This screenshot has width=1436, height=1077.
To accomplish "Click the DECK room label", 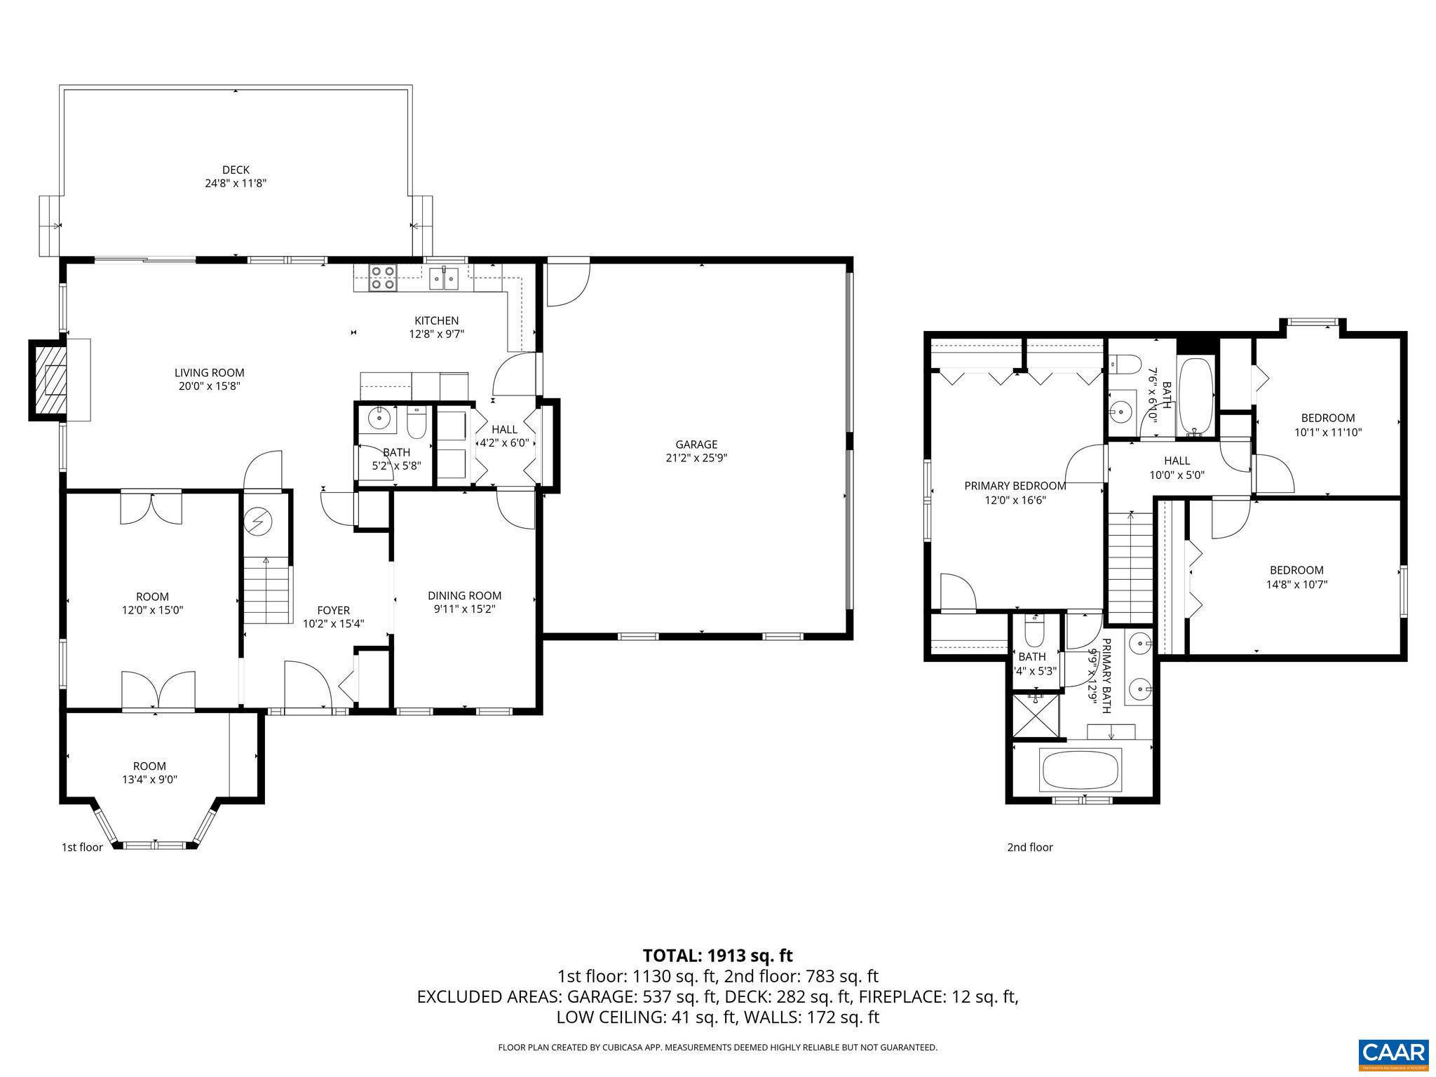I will pyautogui.click(x=236, y=170).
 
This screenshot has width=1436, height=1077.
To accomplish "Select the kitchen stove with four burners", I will pyautogui.click(x=382, y=278).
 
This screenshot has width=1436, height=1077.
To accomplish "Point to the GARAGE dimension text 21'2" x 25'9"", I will pyautogui.click(x=696, y=458).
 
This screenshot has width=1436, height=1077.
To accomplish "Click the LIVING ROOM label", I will pyautogui.click(x=209, y=373).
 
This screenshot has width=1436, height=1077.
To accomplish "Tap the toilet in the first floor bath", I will pyautogui.click(x=416, y=421).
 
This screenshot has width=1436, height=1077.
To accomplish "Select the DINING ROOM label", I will pyautogui.click(x=464, y=595).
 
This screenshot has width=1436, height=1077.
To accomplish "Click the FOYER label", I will pyautogui.click(x=333, y=610).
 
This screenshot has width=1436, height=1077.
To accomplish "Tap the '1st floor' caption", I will pyautogui.click(x=82, y=847).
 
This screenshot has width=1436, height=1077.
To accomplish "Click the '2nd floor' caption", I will pyautogui.click(x=1029, y=847).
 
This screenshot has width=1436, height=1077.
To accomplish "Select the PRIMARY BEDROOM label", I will pyautogui.click(x=1015, y=486).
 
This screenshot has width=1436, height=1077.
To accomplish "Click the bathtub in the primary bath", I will pyautogui.click(x=1079, y=770).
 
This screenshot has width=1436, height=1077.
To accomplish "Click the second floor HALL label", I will pyautogui.click(x=1177, y=461).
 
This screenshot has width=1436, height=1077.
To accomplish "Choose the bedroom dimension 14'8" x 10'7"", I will pyautogui.click(x=1296, y=583).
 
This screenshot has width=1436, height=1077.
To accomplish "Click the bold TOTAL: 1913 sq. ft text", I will pyautogui.click(x=717, y=955).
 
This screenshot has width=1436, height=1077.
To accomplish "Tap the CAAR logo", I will pyautogui.click(x=1393, y=1054).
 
